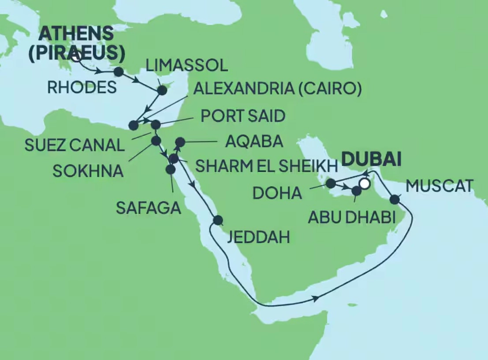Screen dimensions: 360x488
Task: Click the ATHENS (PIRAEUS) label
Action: coord(82,43)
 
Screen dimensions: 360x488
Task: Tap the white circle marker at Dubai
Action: coord(365,184)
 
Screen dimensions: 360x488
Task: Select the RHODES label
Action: coord(82,87)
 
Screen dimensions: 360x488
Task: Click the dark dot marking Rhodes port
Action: coord(118,71)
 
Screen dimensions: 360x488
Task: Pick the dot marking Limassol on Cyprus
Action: coord(162,90)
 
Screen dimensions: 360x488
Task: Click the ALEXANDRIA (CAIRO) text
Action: coord(278,90)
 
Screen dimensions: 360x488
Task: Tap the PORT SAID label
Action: coord(243,116)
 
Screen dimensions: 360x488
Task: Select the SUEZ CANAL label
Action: coord(75,145)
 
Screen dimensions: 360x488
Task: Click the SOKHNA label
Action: coord(88,171)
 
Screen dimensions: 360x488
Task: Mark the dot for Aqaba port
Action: coord(180,142)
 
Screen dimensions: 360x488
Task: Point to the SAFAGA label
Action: coord(149,207)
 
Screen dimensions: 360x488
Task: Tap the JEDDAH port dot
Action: coord(218,220)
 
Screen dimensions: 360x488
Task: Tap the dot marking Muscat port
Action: coord(395,200)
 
